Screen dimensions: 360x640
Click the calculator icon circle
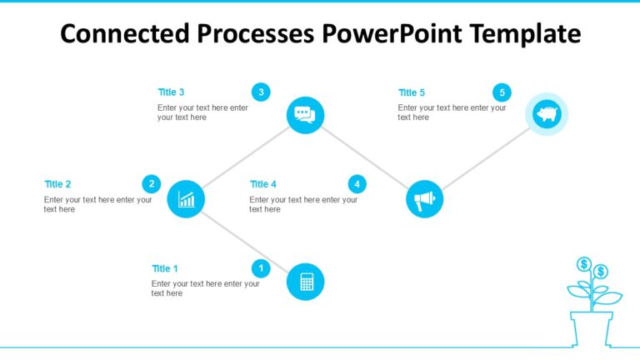[305, 282]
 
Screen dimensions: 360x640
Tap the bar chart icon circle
[186, 199]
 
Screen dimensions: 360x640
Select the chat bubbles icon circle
[305, 115]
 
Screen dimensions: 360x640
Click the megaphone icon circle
[424, 199]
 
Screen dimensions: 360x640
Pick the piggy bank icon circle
[546, 114]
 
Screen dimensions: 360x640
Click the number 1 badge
[261, 268]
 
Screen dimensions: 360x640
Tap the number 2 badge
[151, 184]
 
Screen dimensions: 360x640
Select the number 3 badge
[261, 92]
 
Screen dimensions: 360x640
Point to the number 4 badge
[357, 184]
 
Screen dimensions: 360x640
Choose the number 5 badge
[502, 92]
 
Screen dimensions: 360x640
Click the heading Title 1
[165, 269]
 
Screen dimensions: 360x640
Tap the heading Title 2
[57, 184]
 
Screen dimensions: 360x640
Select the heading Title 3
[171, 92]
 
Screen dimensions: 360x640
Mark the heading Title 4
[263, 184]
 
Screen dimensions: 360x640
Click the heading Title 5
[412, 92]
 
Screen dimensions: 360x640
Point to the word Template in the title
[526, 34]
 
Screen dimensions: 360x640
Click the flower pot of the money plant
[592, 327]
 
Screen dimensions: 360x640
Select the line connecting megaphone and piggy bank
[485, 157]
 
